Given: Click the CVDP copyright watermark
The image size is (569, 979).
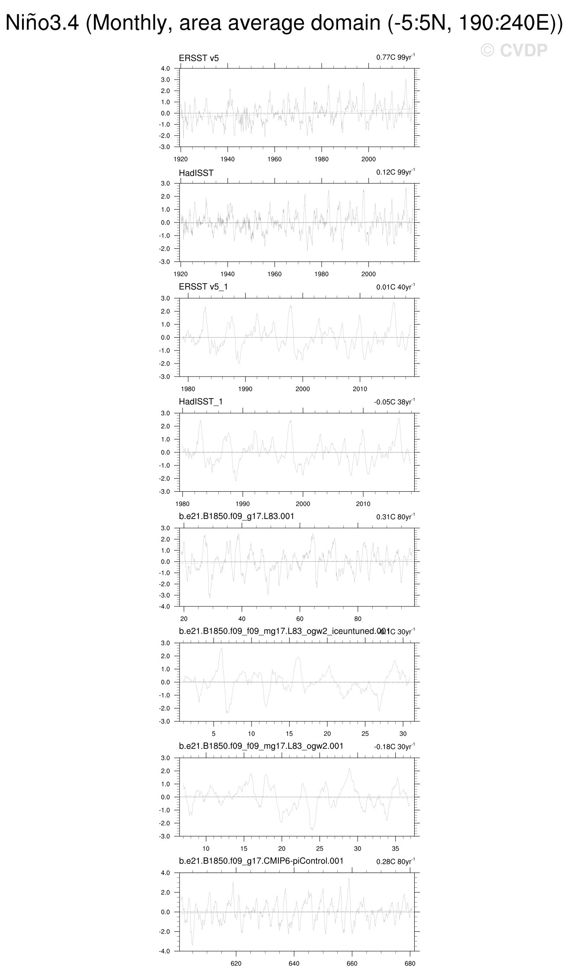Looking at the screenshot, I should pos(514,51).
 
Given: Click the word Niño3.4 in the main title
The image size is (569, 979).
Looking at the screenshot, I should pos(42,23).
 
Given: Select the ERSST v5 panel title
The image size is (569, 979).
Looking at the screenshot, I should pos(199,58).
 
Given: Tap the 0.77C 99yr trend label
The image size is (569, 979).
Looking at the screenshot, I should pos(395,57).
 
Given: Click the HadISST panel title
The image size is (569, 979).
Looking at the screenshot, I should pos(196,173).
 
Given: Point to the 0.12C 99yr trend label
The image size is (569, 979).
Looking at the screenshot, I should pos(395,172).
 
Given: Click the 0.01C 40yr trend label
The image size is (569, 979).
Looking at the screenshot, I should pos(395,287).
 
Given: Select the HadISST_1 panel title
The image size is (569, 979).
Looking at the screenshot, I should pos(201,402).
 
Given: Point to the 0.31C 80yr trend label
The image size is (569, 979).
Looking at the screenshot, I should pos(395,517).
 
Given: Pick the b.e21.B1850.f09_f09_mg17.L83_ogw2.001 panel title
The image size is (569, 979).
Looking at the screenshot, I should pos(261,746).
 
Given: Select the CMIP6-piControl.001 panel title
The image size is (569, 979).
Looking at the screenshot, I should pos(261,860).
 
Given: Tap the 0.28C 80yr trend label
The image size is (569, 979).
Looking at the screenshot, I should pos(395,861).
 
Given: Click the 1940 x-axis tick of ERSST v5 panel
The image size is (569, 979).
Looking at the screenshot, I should pos(227,159).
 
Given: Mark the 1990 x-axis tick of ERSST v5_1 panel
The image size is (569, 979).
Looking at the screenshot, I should pos(245,389).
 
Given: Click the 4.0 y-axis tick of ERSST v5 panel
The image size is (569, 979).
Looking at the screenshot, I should pos(166,68).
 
